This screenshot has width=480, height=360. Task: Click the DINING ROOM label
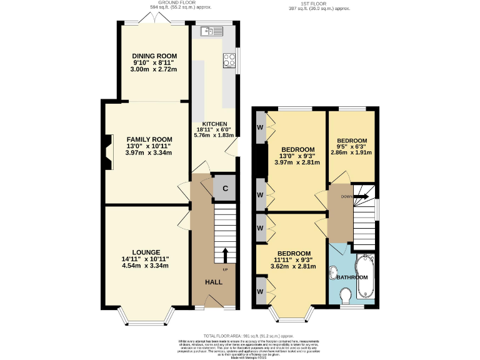[x=154, y=56]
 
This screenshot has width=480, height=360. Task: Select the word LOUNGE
[x=146, y=252]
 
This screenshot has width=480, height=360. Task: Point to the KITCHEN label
[x=214, y=124]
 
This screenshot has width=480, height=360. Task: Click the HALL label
[x=214, y=282]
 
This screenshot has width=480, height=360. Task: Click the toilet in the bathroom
[x=344, y=294]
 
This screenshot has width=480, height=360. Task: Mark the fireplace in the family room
[x=109, y=152]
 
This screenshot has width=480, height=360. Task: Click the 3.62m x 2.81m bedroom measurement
[x=291, y=266]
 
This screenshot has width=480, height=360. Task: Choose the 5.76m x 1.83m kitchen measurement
[x=214, y=135]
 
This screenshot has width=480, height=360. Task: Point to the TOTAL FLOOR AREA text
[x=240, y=336]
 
